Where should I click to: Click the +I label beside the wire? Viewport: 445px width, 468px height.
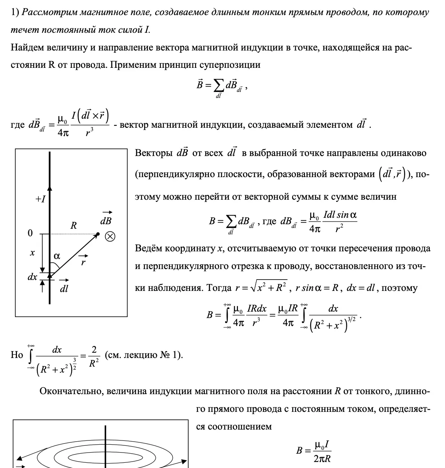click(x=40, y=199)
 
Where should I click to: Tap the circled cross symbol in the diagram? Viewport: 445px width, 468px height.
click(x=110, y=236)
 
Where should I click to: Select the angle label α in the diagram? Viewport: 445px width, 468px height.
click(x=57, y=256)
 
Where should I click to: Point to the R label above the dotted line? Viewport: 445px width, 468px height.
click(x=73, y=226)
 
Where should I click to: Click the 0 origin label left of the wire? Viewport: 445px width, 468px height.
click(x=30, y=234)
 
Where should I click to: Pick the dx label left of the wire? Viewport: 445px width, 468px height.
click(x=32, y=277)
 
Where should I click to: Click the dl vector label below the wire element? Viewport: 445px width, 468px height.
click(x=64, y=288)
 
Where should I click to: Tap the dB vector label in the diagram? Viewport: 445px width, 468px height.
click(x=106, y=220)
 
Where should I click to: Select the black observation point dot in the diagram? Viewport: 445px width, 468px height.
click(x=98, y=234)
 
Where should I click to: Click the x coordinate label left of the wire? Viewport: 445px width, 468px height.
click(x=32, y=253)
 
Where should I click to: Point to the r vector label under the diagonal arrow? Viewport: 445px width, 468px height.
click(x=83, y=262)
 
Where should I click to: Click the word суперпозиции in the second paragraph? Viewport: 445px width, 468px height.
click(x=229, y=65)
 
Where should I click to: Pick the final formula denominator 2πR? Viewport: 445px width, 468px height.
click(x=322, y=459)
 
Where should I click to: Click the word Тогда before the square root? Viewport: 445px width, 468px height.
click(x=219, y=288)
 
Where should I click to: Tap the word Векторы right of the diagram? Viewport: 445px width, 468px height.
click(x=154, y=153)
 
